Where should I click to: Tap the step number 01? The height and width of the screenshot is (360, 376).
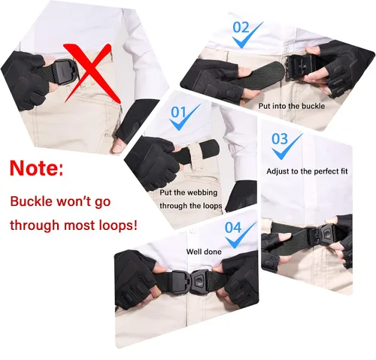178,112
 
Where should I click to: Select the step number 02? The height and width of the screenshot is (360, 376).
241,28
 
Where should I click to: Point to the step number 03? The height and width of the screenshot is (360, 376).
280,138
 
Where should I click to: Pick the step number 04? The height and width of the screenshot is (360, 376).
233,228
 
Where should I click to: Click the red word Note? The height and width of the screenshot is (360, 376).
37,168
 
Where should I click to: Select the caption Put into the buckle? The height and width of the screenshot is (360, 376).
292,106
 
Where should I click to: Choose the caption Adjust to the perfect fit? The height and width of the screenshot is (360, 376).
307,171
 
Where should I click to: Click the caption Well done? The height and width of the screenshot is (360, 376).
204,252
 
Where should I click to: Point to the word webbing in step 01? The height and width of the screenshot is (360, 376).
202,192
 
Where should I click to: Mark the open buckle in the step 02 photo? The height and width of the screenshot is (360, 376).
299,67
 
